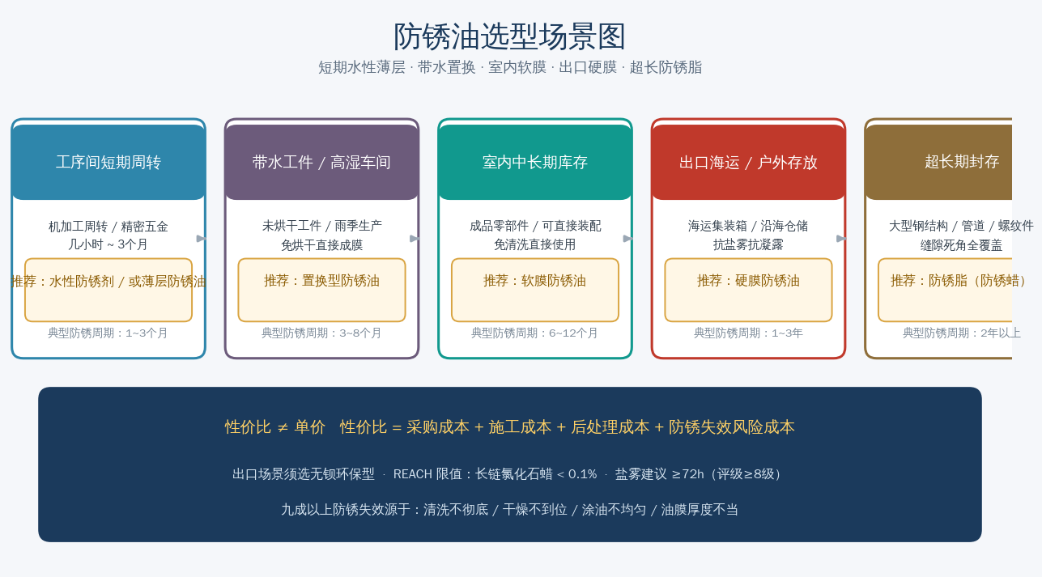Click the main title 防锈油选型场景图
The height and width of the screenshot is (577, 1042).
(510, 36)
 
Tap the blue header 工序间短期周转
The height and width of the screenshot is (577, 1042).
(108, 162)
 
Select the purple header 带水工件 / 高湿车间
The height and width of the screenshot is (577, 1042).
(321, 162)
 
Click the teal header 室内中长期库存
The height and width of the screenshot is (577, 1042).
(535, 162)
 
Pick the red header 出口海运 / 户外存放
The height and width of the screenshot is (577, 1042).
(748, 162)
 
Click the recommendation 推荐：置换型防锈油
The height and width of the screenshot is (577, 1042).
(321, 281)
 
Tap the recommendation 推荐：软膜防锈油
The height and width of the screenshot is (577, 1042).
(534, 281)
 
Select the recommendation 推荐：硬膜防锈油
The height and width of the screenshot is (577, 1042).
(748, 281)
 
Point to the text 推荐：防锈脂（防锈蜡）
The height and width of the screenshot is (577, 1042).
(959, 281)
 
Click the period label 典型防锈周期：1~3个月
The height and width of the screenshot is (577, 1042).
(108, 333)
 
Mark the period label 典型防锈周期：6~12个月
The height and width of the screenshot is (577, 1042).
(534, 333)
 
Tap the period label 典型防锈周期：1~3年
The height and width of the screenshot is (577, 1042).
(748, 333)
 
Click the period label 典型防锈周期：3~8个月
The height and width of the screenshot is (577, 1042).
(321, 333)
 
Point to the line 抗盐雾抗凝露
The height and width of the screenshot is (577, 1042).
(748, 244)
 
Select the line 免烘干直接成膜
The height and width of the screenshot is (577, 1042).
(321, 244)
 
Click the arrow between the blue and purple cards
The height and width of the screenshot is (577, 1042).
(202, 239)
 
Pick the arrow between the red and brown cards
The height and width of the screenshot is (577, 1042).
(841, 239)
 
